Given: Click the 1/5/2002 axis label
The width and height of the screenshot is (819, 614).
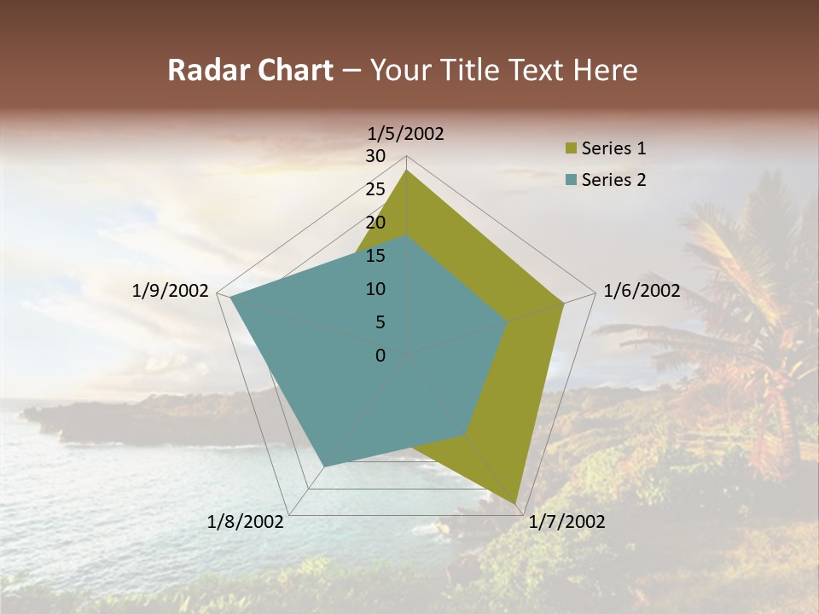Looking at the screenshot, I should tap(405, 134).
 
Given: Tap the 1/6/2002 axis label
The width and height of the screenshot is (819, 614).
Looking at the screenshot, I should tap(642, 291).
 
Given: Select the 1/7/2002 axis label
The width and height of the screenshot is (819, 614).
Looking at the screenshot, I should tap(567, 522).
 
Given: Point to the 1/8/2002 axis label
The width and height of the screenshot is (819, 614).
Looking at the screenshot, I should tap(246, 522).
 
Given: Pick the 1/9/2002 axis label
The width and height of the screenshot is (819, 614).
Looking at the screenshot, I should tap(171, 291).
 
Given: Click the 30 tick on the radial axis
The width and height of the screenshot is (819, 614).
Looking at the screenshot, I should tap(375, 156).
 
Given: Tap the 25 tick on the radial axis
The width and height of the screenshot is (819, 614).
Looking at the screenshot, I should tap(375, 189).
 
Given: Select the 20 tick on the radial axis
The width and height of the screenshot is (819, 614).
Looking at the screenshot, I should tap(375, 223).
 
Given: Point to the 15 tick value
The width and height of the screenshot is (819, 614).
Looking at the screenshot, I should tap(375, 256).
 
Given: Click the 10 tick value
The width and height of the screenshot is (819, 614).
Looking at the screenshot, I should tap(375, 289).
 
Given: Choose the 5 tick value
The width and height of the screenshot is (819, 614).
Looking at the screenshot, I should tap(380, 322).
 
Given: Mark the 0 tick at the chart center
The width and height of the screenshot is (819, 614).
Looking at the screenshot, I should tap(380, 356).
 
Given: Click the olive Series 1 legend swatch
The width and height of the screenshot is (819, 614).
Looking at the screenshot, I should tap(571, 149).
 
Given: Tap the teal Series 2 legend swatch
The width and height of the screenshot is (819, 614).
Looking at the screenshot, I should tap(571, 180).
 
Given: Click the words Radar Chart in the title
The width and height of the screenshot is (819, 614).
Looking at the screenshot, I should tap(250, 70).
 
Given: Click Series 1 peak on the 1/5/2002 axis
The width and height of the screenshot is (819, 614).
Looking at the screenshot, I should tap(407, 171).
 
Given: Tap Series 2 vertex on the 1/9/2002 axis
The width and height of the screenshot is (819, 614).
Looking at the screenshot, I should tap(230, 297).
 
